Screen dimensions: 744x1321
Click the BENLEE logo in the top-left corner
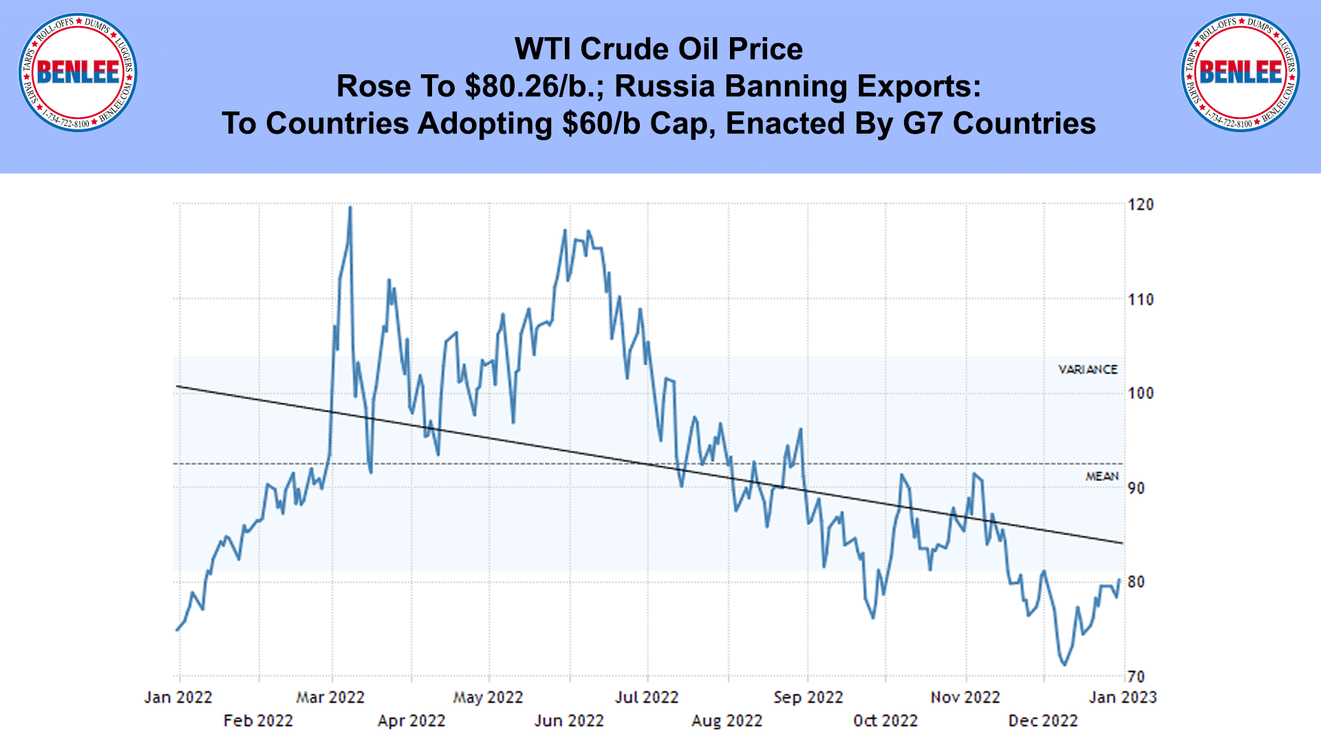[78, 72]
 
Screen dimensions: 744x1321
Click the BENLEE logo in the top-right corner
[1241, 72]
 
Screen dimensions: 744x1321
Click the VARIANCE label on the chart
[1088, 370]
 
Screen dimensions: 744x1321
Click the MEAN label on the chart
[1102, 476]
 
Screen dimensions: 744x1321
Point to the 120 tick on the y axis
[1141, 204]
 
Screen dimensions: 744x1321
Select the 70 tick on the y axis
[1137, 677]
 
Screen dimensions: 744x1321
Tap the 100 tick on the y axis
[1141, 393]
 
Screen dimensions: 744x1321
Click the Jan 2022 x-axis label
[178, 697]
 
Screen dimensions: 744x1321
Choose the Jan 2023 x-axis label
[1123, 697]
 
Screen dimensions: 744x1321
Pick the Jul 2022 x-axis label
[647, 697]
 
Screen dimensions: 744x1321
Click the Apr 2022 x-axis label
[411, 721]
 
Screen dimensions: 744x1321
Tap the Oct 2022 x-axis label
[885, 721]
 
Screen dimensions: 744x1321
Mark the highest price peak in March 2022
[350, 207]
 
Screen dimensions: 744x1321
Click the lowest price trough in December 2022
[1064, 665]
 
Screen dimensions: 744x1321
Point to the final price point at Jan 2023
[1119, 580]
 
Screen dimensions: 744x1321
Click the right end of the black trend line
[1122, 543]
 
